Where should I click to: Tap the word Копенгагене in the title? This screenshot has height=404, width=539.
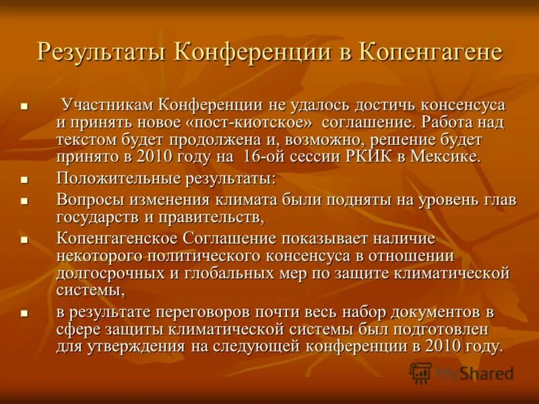tap(432, 52)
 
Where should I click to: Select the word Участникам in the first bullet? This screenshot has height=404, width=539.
tap(108, 105)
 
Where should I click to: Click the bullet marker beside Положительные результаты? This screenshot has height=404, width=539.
tap(24, 180)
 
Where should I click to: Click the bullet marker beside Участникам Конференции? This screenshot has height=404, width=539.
tap(24, 106)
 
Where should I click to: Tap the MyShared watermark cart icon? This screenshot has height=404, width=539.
tap(421, 372)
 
